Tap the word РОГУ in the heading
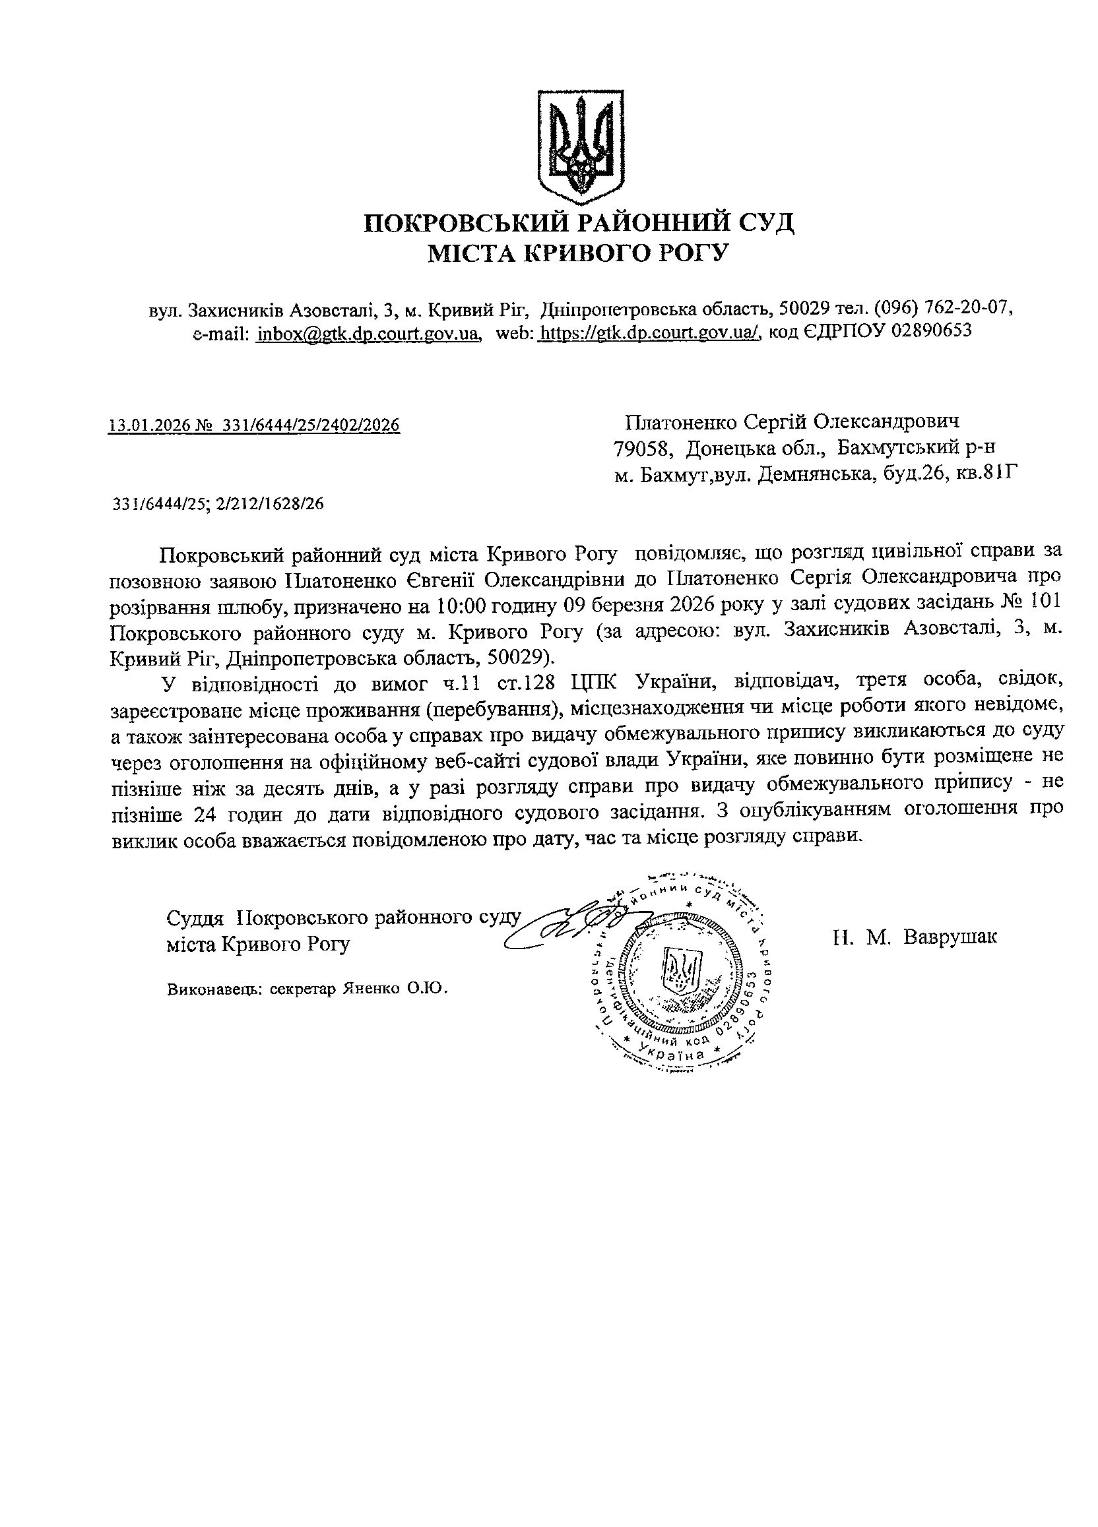pos(697,253)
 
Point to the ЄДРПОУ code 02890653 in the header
pos(930,331)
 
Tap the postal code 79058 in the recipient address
pos(639,447)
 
